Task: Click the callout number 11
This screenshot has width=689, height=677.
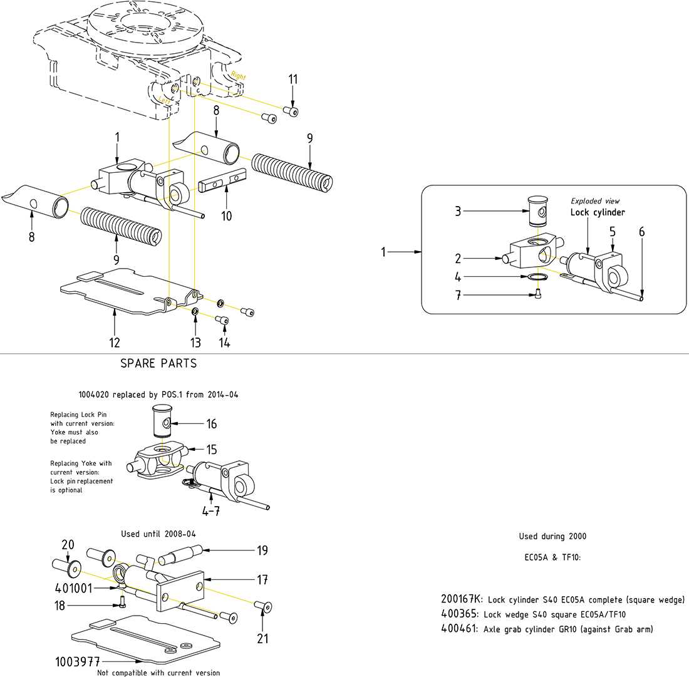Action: point(293,80)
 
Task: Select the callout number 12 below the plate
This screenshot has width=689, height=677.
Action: point(114,343)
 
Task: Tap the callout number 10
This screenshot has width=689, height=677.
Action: point(226,216)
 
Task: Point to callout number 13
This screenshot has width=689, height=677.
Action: point(195,343)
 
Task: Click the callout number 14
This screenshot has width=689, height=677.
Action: point(224,343)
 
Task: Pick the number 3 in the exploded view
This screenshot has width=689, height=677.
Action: point(458,211)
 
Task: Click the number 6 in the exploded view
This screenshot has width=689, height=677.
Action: point(641,232)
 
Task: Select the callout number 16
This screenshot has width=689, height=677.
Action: point(212,424)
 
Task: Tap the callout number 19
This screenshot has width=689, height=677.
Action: point(262,550)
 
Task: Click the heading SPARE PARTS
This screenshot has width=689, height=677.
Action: point(158,363)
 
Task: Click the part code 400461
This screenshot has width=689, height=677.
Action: point(460,629)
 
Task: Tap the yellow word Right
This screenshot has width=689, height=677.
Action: point(238,76)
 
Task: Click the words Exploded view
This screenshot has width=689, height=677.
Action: point(595,201)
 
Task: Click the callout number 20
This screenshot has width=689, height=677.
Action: point(68,545)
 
